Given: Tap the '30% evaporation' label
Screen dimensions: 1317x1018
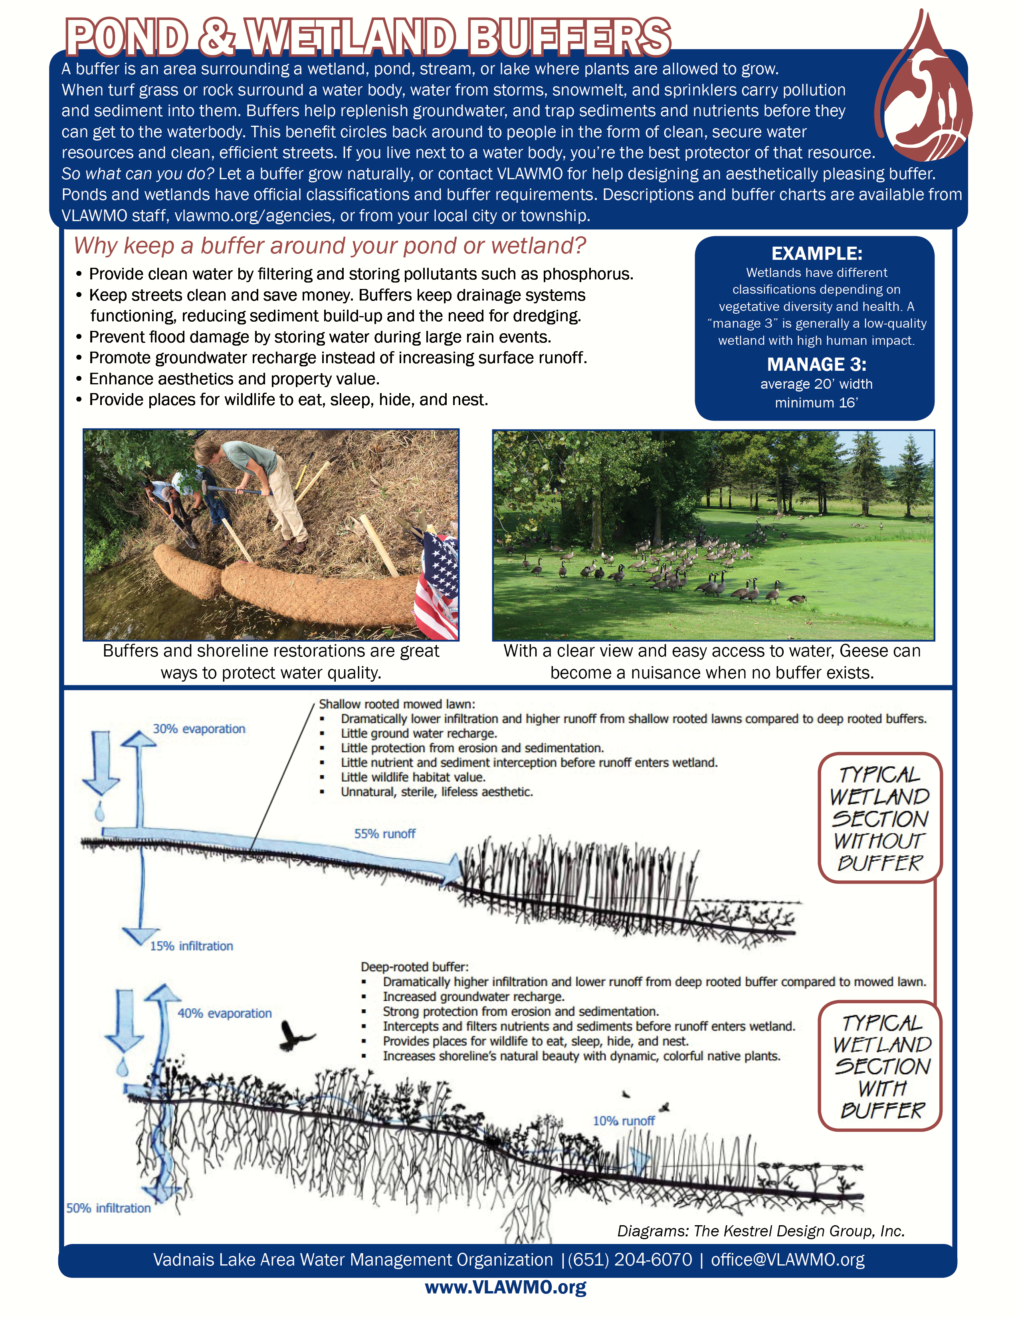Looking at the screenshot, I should (x=199, y=728).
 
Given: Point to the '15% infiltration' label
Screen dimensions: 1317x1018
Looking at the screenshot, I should (x=191, y=945).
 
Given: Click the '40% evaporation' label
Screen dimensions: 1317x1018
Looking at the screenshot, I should (x=224, y=1013).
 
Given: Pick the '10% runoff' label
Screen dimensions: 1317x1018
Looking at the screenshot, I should (x=624, y=1120).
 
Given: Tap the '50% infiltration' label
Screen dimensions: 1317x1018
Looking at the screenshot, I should (x=109, y=1208).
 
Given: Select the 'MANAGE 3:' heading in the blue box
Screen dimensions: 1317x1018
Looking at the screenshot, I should (x=816, y=364).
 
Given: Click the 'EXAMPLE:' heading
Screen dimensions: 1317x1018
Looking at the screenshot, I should (x=816, y=253).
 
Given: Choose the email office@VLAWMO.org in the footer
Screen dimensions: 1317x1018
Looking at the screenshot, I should (x=788, y=1259).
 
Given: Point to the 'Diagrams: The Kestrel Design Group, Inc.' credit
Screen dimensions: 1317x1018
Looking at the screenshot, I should (x=761, y=1231).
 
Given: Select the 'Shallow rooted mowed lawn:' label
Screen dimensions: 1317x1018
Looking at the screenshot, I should (x=397, y=704).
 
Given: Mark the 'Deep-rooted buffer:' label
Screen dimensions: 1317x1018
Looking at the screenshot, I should (x=414, y=967).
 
